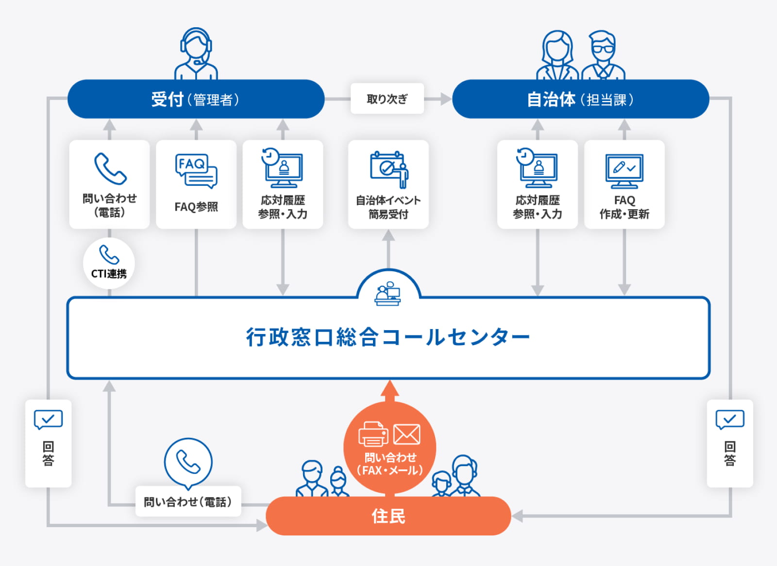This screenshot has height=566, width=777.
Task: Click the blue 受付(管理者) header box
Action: pos(196,99)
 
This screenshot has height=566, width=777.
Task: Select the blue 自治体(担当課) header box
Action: pos(580,99)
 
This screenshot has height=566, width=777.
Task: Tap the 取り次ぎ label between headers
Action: pos(387,99)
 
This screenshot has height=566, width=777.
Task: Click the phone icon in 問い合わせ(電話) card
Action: pos(110,169)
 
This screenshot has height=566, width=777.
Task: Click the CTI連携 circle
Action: pos(109,264)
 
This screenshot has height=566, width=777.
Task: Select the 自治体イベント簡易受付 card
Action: pos(388,184)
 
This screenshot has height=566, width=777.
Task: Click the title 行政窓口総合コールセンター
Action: pos(388,337)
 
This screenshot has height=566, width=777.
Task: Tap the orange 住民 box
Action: pos(388,516)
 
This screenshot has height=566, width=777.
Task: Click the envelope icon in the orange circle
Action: pos(406,434)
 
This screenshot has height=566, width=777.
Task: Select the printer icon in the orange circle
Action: pos(373,434)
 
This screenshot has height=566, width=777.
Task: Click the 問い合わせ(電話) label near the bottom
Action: pos(188,501)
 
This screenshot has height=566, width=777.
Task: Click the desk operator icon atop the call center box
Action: pos(388,294)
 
